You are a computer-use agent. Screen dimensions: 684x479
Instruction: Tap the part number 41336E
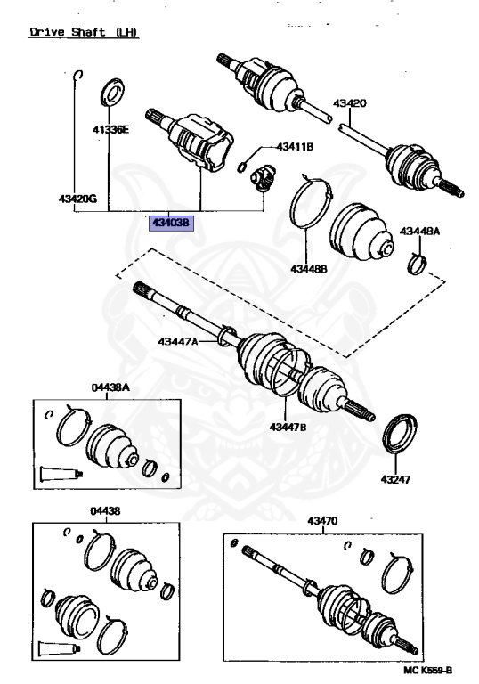click(111, 130)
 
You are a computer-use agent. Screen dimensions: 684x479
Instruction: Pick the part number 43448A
click(419, 232)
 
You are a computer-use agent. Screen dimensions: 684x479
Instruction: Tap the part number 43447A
click(179, 341)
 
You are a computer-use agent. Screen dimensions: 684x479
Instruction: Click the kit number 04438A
click(110, 387)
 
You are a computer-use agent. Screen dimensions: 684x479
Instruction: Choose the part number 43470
click(323, 521)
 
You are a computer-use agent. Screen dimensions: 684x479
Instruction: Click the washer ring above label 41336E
click(113, 92)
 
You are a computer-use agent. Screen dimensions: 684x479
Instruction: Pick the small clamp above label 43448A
click(416, 262)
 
